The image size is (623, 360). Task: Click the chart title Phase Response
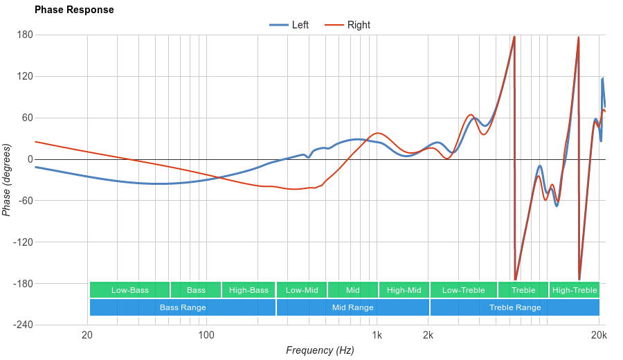point(74,10)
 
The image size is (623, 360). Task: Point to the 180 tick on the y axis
point(25,35)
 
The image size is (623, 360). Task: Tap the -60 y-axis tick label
point(25,201)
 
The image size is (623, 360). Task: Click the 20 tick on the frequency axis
point(87,336)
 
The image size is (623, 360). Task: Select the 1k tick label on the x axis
point(377,336)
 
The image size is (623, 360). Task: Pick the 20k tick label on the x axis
point(599,336)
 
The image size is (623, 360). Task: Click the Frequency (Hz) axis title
point(320,350)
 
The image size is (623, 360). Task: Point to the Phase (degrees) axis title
point(7,180)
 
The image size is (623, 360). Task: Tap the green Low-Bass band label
point(129,290)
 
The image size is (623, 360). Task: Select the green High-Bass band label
point(249,290)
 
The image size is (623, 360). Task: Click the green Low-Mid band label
point(302,290)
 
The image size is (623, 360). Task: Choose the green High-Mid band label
point(404,290)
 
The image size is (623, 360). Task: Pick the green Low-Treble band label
point(463,290)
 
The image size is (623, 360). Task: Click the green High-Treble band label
point(575,290)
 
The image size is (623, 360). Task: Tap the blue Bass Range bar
point(183,307)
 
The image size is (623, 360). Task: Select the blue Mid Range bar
point(353,307)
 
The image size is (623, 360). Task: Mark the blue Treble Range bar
point(515,307)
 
